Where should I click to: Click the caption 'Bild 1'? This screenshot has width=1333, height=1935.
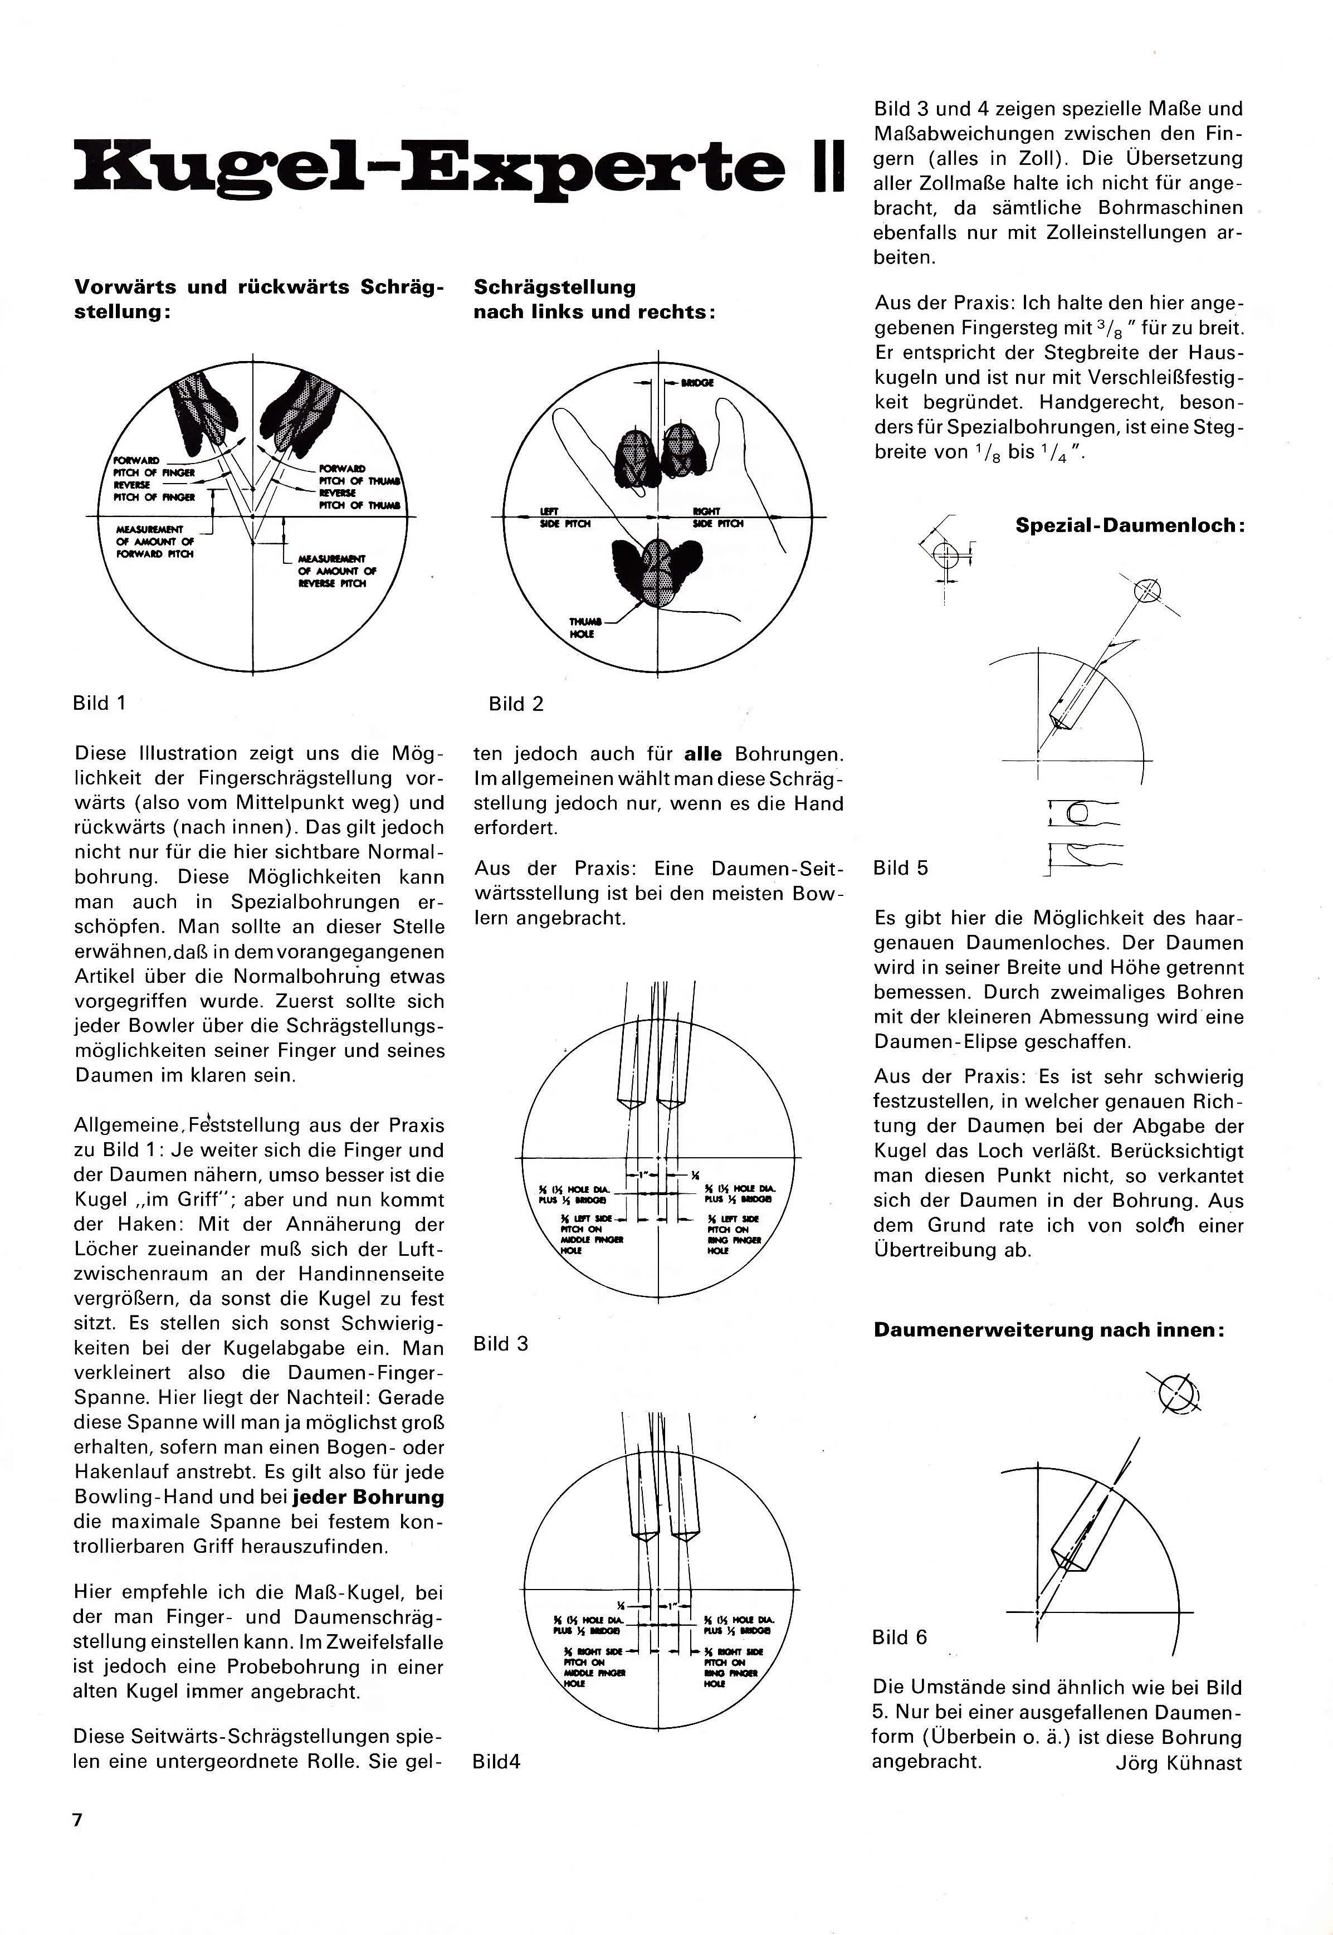click(99, 703)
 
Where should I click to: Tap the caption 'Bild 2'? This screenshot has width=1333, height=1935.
click(515, 704)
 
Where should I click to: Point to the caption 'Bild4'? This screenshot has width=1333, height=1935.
click(496, 1761)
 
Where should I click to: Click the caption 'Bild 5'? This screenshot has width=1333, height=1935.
click(900, 867)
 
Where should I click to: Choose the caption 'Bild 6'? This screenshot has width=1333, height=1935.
click(900, 1637)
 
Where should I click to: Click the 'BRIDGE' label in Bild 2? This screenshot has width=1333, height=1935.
click(697, 383)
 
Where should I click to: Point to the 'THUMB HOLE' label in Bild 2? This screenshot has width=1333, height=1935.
click(582, 628)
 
